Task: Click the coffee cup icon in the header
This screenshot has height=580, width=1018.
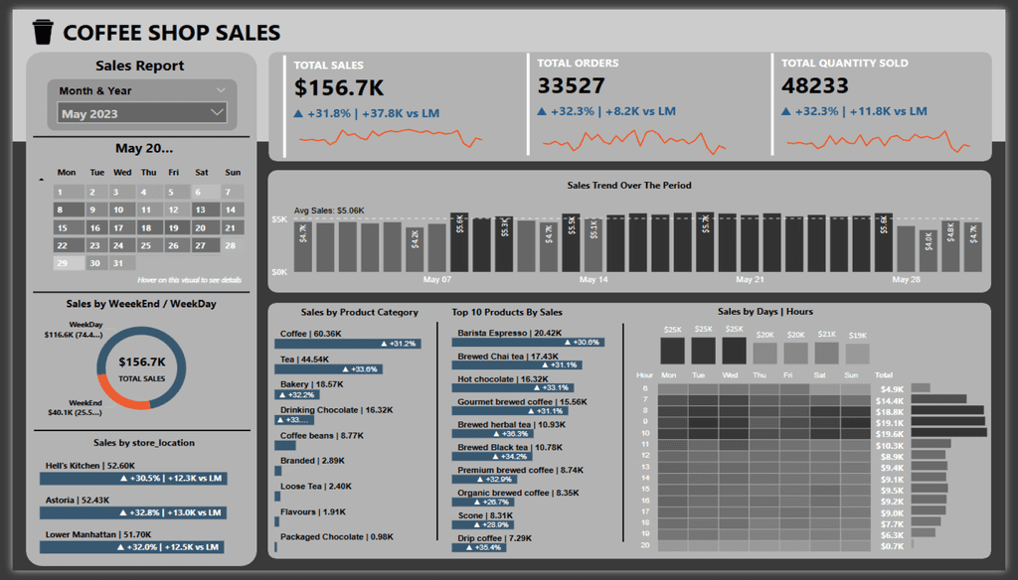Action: (x=41, y=33)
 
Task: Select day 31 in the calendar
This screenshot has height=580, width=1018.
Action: (x=119, y=263)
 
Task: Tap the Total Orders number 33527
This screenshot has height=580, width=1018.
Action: (x=571, y=86)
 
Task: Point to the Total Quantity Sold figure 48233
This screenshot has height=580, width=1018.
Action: (x=816, y=86)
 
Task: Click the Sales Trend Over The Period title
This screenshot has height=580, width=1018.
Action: (x=628, y=185)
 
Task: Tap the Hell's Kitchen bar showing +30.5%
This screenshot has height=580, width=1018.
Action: (x=131, y=478)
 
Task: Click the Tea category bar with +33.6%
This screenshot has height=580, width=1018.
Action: (x=329, y=369)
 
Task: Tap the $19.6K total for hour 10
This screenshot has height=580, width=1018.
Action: (x=891, y=433)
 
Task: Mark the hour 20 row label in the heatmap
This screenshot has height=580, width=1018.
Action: (x=645, y=544)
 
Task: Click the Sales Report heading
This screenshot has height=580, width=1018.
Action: (x=139, y=67)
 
